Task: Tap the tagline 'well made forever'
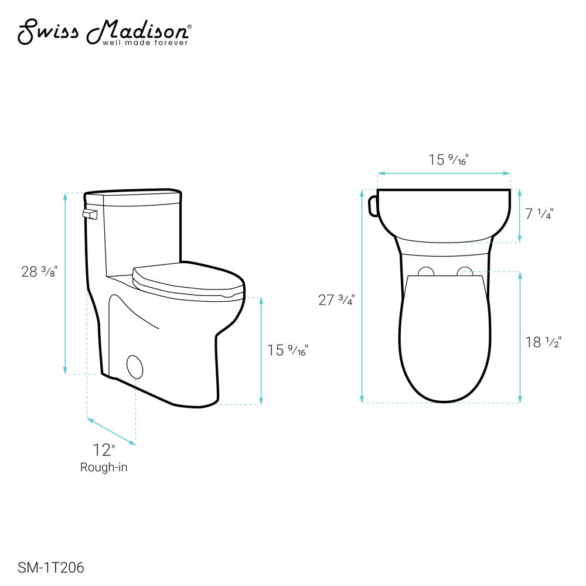(145, 42)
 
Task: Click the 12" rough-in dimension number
(104, 450)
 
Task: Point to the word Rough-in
(104, 467)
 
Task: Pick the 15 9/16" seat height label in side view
(287, 350)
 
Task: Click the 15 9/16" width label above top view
(449, 159)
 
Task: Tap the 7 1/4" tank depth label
(539, 214)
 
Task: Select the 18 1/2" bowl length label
(543, 342)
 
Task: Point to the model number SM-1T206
(51, 567)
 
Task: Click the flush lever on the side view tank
(89, 214)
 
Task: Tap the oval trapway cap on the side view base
(135, 366)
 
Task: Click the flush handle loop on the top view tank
(372, 206)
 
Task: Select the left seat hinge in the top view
(426, 271)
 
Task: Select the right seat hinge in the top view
(466, 271)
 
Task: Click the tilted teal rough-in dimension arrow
(111, 431)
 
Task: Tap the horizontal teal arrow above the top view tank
(444, 173)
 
